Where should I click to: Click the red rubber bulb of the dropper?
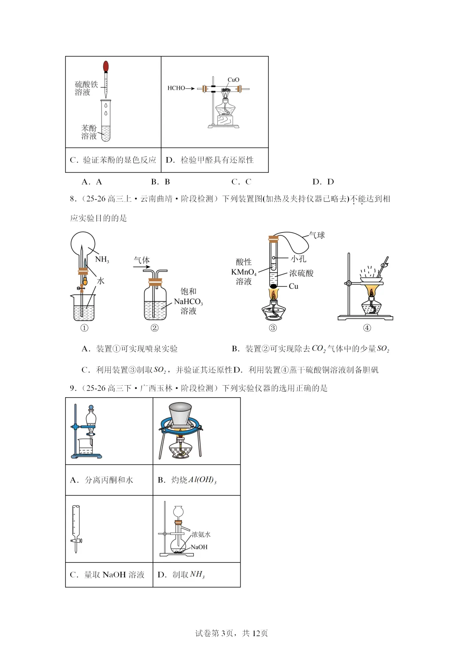coord(106,66)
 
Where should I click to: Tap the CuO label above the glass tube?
coord(233,80)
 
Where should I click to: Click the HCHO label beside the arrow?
coord(176,88)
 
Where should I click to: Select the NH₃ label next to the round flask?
coord(102,260)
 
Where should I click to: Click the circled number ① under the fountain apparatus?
coord(84,328)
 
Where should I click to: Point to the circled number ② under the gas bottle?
coord(154,328)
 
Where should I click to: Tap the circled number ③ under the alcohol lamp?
coord(273,328)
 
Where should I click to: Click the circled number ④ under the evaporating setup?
coord(367,328)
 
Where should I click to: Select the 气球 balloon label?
coord(317,235)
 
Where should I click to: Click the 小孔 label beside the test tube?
coord(298,259)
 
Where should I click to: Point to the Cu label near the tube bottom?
coord(294,286)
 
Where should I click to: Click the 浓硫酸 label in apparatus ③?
coord(301,273)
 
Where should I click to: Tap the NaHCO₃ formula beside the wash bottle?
coord(188,302)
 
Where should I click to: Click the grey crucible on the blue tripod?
coord(180,414)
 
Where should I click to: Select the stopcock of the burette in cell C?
coord(76,540)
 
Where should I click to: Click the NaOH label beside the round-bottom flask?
coord(199,547)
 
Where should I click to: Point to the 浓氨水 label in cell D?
coord(201,534)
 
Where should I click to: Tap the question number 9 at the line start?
coord(72,388)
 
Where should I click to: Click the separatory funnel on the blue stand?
coord(91,420)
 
